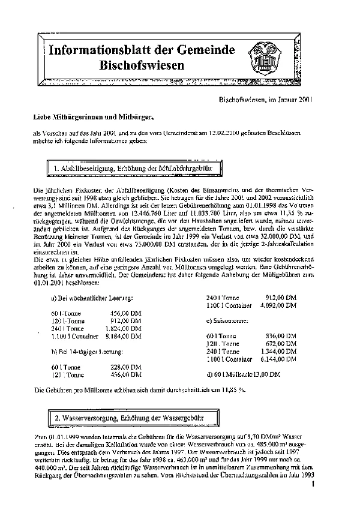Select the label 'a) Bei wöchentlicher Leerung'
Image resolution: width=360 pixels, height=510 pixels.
(x=92, y=298)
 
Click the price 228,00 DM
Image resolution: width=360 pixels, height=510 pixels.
(x=126, y=367)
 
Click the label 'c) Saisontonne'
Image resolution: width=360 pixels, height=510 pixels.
(x=230, y=320)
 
